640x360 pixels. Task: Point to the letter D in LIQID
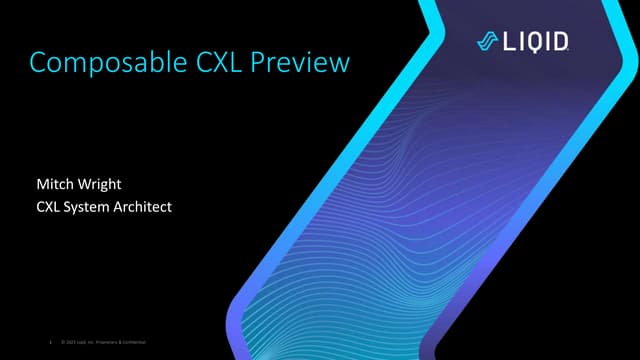click(563, 41)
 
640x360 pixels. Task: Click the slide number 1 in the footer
click(50, 344)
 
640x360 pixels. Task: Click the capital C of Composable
click(39, 63)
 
